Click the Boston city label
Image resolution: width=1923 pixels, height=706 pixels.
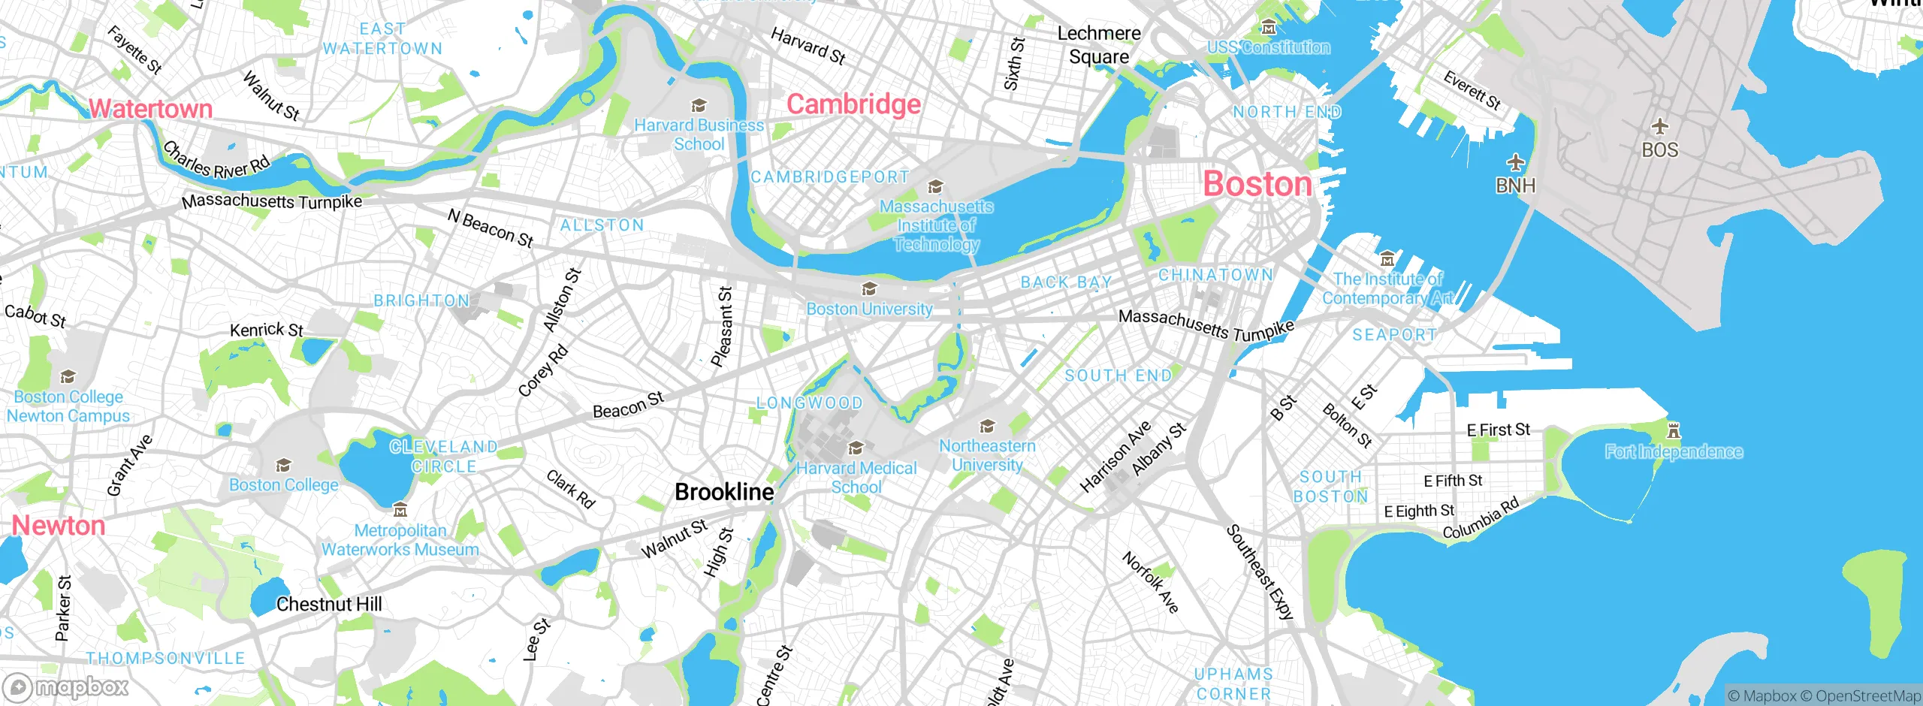click(x=1257, y=184)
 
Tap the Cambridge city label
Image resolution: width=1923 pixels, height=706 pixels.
click(x=853, y=104)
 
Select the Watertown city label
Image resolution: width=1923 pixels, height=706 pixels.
click(x=151, y=109)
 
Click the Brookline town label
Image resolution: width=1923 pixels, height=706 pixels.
click(x=724, y=492)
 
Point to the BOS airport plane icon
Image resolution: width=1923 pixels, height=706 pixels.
click(x=1659, y=126)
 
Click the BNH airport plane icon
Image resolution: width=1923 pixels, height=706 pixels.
click(x=1516, y=162)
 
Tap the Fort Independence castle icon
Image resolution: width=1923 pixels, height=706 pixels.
click(x=1674, y=431)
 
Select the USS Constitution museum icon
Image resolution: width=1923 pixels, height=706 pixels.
click(x=1269, y=29)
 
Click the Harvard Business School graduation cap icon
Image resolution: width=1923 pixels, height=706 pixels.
click(x=699, y=106)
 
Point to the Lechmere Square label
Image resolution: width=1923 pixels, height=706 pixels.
click(x=1099, y=45)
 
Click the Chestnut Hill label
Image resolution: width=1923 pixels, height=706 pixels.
click(x=329, y=604)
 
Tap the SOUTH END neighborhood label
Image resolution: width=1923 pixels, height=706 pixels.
click(x=1118, y=376)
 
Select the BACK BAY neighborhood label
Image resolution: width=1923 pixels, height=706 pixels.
click(x=1066, y=282)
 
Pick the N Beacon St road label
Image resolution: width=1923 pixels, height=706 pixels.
click(x=491, y=228)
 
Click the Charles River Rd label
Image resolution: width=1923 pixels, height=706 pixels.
click(x=216, y=160)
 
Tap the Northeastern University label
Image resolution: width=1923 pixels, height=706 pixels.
click(x=987, y=455)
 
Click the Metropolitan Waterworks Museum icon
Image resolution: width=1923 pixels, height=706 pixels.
click(x=400, y=511)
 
